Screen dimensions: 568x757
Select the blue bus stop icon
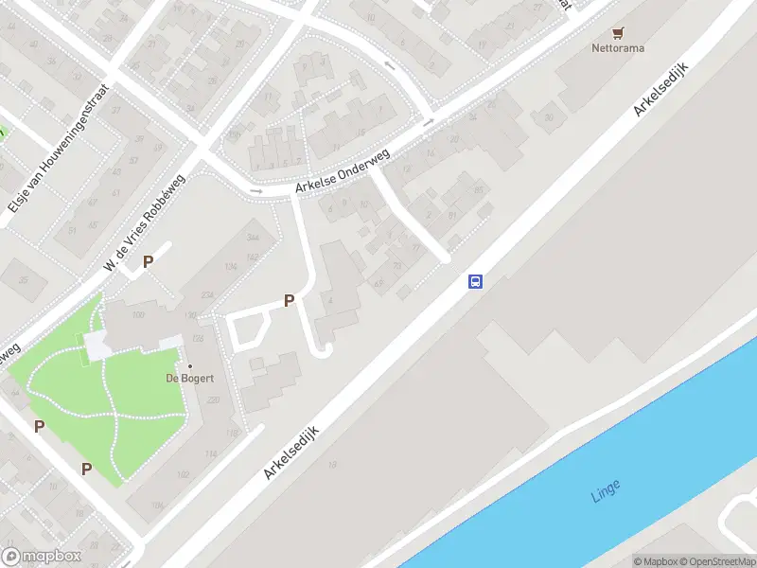tap(476, 281)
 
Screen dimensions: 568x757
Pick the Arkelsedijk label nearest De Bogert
tap(291, 453)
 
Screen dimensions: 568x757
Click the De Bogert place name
tap(190, 379)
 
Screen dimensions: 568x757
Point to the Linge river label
tap(606, 489)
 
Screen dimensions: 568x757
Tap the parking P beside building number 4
tap(290, 301)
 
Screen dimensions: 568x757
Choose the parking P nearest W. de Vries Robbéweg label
tap(148, 262)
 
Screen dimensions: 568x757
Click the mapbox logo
tap(42, 557)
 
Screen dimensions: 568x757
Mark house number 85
tap(478, 191)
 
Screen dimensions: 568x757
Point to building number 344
tap(253, 237)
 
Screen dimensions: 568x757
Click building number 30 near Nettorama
tap(548, 117)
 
